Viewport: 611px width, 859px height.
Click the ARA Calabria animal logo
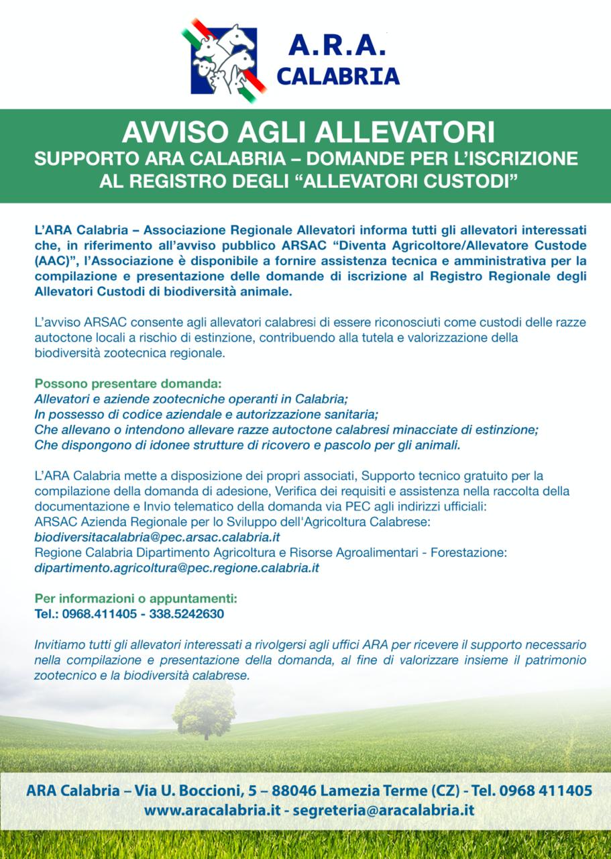click(x=219, y=58)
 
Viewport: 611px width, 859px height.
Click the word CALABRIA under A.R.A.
click(x=338, y=76)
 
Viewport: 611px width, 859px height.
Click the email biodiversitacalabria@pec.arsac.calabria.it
click(x=157, y=538)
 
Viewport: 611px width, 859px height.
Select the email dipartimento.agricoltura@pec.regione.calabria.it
click(x=176, y=568)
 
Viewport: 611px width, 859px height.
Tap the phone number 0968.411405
click(x=99, y=613)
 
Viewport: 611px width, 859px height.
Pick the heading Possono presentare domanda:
click(x=127, y=385)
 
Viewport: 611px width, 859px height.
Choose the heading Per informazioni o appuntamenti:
click(x=136, y=598)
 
